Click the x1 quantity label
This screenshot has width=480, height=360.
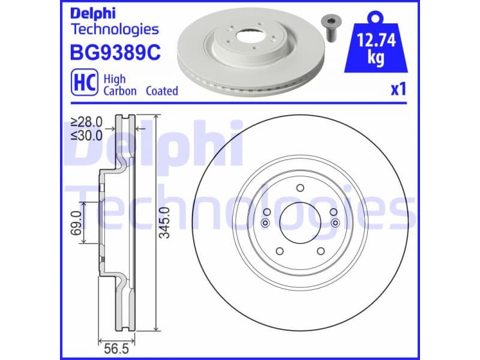pos(398,89)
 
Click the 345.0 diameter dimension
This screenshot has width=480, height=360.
pos(166,222)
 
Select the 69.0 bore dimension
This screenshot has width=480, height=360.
pos(77,221)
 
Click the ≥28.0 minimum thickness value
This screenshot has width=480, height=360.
pos(86,122)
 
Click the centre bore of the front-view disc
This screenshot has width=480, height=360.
pos(299,223)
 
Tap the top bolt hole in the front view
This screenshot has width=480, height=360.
pos(299,188)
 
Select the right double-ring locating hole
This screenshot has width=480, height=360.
pos(335,223)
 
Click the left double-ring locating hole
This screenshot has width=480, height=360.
pos(265,223)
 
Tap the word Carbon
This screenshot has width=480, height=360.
pos(120,91)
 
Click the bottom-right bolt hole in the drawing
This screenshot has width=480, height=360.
pos(320,251)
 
